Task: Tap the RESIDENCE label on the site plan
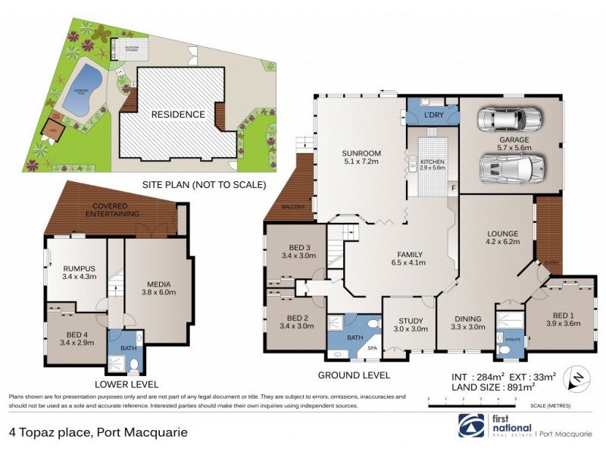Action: pos(177,115)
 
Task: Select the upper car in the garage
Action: pos(509,121)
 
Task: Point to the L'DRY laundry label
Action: pos(433,115)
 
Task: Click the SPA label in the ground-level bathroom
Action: pos(372,349)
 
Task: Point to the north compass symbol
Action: pos(576,377)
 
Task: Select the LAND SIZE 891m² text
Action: pos(479,386)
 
